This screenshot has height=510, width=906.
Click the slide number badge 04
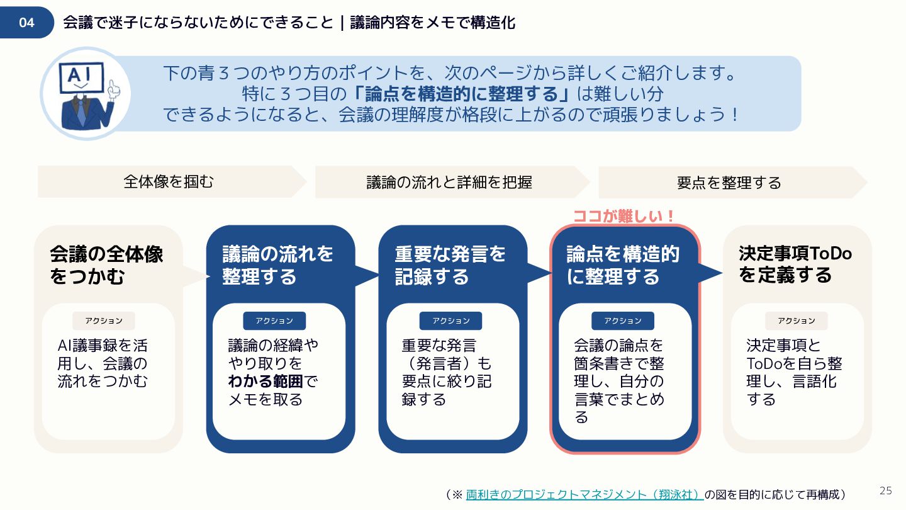coord(26,23)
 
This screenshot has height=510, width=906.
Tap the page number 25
coord(886,490)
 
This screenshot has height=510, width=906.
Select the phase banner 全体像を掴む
coord(169,182)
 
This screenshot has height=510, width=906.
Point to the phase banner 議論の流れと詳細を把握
coord(449,182)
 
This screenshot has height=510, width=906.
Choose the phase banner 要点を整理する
coord(729,183)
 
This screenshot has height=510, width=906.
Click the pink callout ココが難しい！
coord(624,216)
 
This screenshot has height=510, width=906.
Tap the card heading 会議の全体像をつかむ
coord(106,265)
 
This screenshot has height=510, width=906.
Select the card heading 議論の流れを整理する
coord(277,265)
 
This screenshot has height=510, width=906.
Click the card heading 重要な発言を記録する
coord(450,265)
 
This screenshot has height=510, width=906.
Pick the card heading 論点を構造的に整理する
coord(622,265)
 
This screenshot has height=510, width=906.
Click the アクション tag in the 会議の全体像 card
coord(104,320)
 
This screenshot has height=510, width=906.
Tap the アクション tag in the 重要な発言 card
coord(450,320)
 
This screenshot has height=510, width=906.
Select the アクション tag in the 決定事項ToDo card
coord(796,320)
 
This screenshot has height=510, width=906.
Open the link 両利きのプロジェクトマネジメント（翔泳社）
coord(584,494)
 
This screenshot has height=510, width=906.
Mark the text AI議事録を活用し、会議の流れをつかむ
coord(103,363)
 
